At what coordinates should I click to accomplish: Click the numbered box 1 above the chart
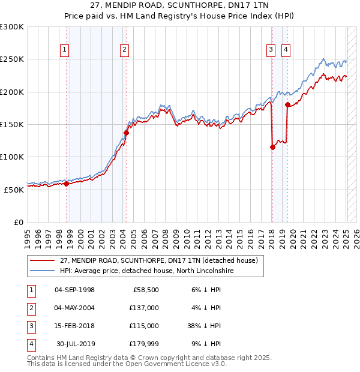point(64,50)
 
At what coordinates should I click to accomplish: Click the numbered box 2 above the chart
point(124,50)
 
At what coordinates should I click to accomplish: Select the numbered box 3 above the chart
point(271,50)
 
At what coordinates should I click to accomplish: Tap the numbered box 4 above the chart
point(286,50)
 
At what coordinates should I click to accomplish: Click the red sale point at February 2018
point(272,147)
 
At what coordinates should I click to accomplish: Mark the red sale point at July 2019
point(287,105)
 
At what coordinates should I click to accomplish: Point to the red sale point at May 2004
point(127,133)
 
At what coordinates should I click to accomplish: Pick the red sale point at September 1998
point(66,184)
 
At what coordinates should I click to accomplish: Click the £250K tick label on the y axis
point(12,59)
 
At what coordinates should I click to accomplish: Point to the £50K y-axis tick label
point(14,189)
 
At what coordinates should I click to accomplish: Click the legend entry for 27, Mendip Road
point(158,260)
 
